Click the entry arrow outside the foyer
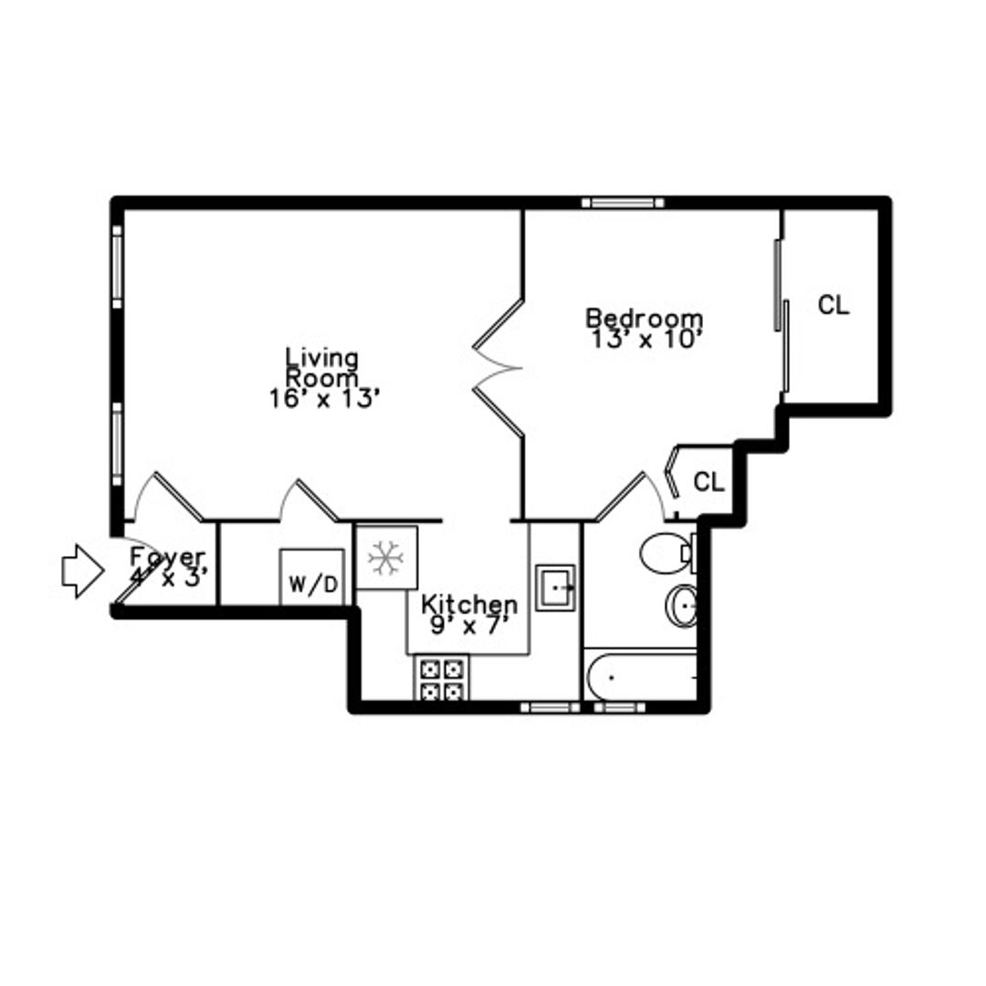pyautogui.click(x=82, y=571)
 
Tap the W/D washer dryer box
pyautogui.click(x=312, y=577)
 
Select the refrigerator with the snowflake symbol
pyautogui.click(x=387, y=558)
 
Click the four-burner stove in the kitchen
pyautogui.click(x=441, y=678)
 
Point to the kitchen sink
pyautogui.click(x=555, y=587)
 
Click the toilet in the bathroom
pyautogui.click(x=667, y=553)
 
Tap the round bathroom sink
pyautogui.click(x=682, y=605)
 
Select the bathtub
pyautogui.click(x=641, y=677)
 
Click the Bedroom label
pyautogui.click(x=645, y=318)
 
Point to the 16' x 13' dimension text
pyautogui.click(x=325, y=399)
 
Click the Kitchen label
pyautogui.click(x=469, y=604)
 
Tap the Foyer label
pyautogui.click(x=167, y=557)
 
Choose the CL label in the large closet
pyautogui.click(x=834, y=306)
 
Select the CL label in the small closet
pyautogui.click(x=708, y=482)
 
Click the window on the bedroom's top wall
pyautogui.click(x=623, y=203)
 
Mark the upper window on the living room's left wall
pyautogui.click(x=117, y=267)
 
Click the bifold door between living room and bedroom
pyautogui.click(x=498, y=368)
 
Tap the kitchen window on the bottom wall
pyautogui.click(x=551, y=708)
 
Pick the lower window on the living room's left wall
pyautogui.click(x=117, y=444)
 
